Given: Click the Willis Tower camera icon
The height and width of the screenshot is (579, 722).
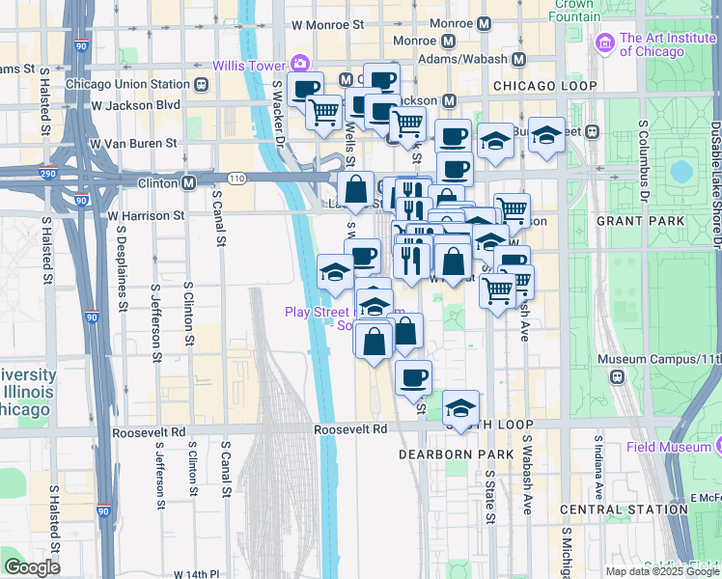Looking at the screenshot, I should point(300,63).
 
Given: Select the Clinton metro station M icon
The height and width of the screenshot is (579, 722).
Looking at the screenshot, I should point(190,181).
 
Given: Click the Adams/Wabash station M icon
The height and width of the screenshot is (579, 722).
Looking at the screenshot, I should point(518,60).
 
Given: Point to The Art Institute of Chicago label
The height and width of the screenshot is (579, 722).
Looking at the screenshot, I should point(665,45).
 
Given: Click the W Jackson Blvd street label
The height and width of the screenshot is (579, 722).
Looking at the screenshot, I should point(137,104).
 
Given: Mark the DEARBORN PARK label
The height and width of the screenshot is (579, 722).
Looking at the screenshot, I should point(448,453).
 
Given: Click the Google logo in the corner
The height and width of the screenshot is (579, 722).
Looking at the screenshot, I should point(31,566).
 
